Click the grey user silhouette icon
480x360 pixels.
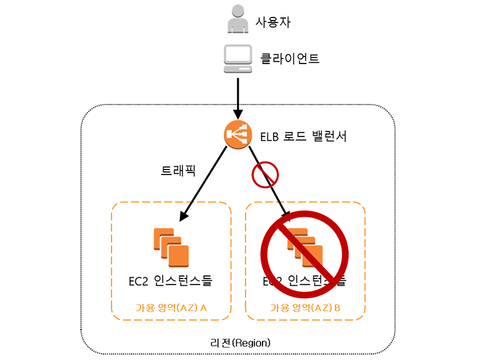237,19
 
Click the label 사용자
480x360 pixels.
273,22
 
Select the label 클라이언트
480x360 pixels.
290,59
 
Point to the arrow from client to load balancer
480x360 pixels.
237,96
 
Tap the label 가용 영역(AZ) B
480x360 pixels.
305,307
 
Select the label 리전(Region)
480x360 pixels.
240,343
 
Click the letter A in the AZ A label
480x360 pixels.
203,307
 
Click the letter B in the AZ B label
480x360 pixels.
337,307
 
